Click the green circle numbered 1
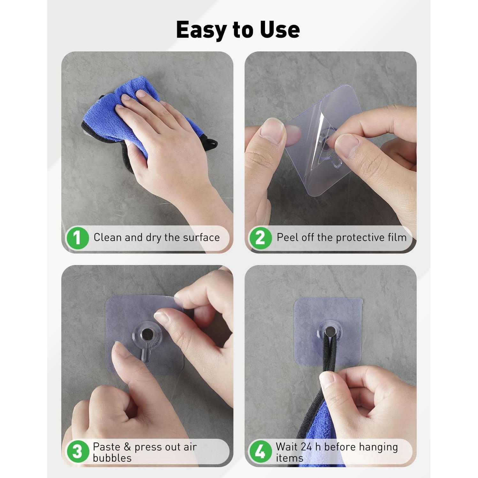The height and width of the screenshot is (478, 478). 77,238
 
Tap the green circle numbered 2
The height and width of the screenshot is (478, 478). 260,238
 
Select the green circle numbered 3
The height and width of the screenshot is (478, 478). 77,452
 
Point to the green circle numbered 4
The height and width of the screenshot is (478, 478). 260,452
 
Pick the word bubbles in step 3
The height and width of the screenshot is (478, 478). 112,458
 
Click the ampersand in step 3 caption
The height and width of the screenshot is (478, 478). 127,447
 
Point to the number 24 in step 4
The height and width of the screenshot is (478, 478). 306,447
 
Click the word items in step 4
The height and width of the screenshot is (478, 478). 289,458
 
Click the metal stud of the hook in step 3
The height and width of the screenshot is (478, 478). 148,335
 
